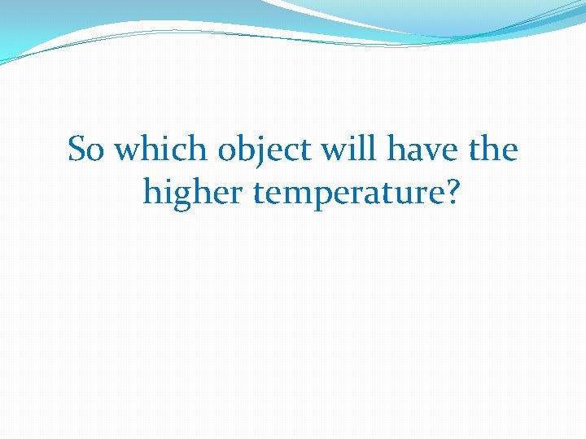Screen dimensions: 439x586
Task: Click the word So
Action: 87,150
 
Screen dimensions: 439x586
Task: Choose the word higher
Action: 193,194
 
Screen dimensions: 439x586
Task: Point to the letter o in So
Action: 98,153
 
